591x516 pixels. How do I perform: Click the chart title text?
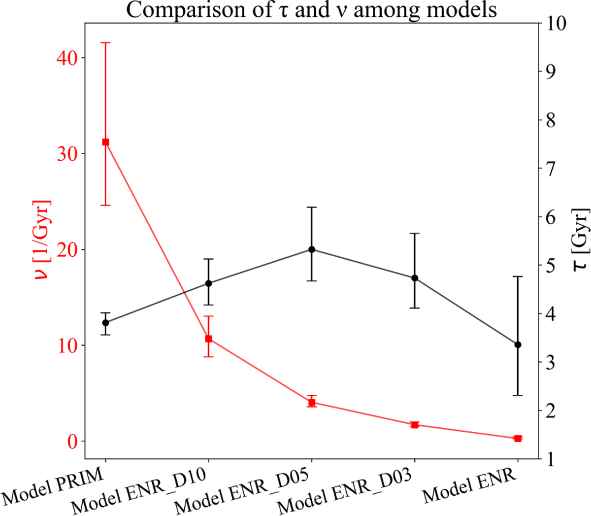point(311,10)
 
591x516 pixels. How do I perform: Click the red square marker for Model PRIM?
point(105,142)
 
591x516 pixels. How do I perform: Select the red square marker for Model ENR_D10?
point(208,339)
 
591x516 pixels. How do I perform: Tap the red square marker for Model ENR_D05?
point(311,403)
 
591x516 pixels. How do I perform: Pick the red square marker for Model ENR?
point(518,438)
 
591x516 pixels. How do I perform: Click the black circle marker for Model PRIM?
point(105,323)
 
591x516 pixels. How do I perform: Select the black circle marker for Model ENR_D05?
point(311,249)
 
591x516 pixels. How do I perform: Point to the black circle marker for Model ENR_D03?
point(415,278)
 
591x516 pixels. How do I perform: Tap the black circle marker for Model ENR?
point(518,344)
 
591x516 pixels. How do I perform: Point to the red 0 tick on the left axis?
point(72,441)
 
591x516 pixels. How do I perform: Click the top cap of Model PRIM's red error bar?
point(105,43)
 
